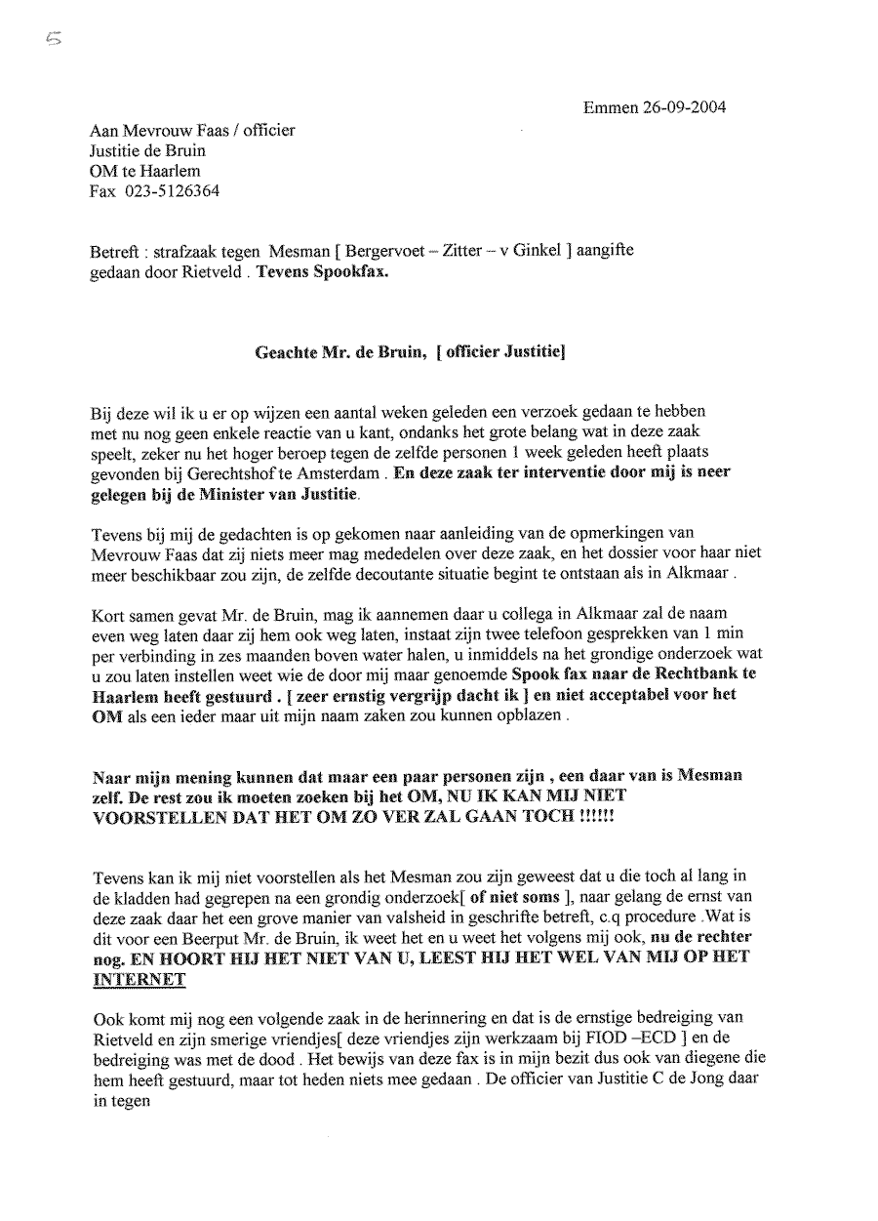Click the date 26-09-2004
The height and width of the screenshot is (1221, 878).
683,107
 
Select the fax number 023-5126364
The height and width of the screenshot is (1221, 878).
172,191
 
